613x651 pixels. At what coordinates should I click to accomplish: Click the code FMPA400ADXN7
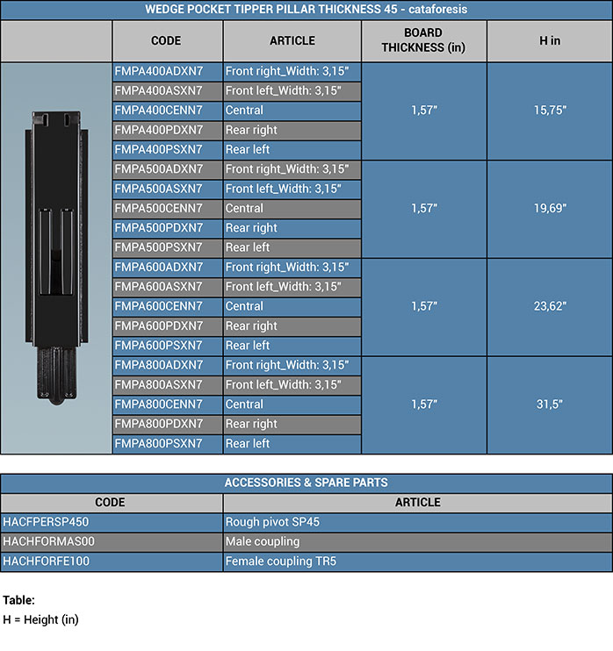(x=159, y=71)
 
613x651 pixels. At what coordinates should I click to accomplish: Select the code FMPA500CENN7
(x=159, y=209)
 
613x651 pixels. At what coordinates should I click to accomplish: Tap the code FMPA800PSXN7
(x=159, y=443)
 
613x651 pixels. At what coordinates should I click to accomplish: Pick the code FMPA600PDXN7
(x=159, y=325)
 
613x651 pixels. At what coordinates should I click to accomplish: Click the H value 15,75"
(x=550, y=111)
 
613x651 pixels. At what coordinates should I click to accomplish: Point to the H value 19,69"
(x=550, y=209)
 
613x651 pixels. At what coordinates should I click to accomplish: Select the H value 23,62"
(x=550, y=306)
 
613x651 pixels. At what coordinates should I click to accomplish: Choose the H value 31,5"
(x=550, y=404)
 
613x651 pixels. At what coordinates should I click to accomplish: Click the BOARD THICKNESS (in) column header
(x=423, y=40)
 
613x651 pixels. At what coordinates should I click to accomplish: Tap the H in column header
(x=550, y=40)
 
